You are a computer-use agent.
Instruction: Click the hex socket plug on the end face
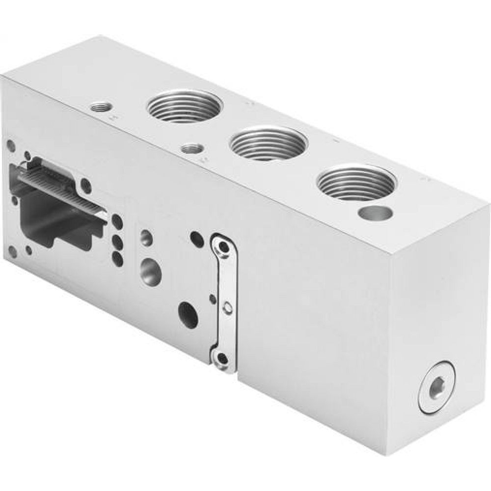pos(436,389)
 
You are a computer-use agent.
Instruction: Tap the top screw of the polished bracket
pos(224,249)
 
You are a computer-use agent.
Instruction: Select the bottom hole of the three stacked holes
pos(117,257)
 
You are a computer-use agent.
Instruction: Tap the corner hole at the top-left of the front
pos(11,146)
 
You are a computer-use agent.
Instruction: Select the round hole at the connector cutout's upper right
pos(86,186)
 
